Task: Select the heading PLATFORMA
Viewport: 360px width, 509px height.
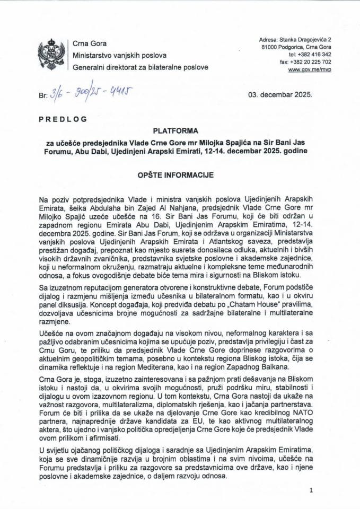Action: pyautogui.click(x=180, y=130)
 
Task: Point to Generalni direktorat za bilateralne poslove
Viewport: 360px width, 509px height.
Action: pyautogui.click(x=140, y=68)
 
